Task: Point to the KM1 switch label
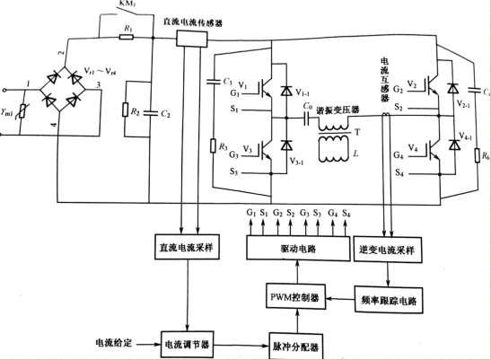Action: pyautogui.click(x=128, y=5)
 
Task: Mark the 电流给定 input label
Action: pyautogui.click(x=114, y=343)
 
